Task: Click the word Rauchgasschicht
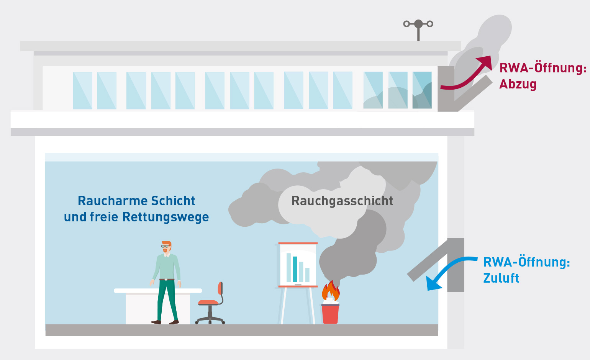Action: tap(342, 201)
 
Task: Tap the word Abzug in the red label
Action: tap(518, 84)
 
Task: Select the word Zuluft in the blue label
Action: tap(501, 278)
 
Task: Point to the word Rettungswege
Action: tap(166, 217)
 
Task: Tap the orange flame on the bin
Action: tap(330, 291)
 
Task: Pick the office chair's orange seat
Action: tap(208, 303)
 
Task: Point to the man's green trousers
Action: tap(167, 299)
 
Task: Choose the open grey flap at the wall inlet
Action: tap(427, 260)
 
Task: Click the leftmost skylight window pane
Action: tap(82, 91)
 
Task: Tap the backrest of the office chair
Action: tap(220, 288)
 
